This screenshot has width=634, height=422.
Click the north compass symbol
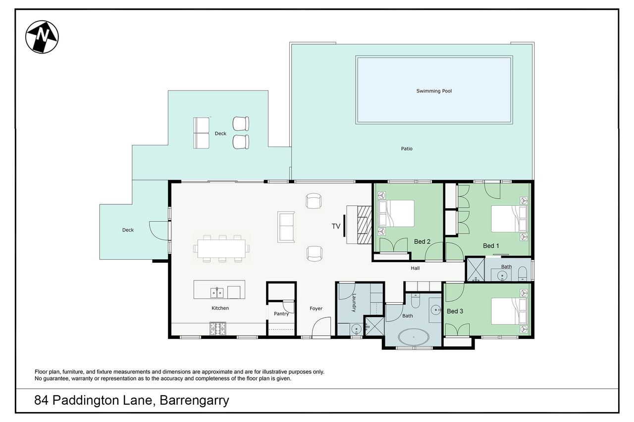coord(42,37)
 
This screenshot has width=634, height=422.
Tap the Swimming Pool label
coord(434,91)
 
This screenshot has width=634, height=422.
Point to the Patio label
coord(407,149)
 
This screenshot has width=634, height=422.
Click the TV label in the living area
coord(336,226)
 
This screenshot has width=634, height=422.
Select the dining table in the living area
coord(221,248)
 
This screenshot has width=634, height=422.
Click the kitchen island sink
coord(217,293)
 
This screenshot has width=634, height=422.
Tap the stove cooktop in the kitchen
coord(217,328)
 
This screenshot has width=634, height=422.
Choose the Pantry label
coord(281,314)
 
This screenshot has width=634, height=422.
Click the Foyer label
coord(316,309)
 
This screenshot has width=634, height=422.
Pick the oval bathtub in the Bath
coord(414,337)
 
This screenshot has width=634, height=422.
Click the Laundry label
coord(354,303)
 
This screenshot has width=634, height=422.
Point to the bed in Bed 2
coord(396,213)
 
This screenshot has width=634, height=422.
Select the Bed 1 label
coord(491,246)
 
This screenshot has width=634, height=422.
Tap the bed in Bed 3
coord(509,311)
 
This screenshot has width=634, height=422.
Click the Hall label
coord(415,268)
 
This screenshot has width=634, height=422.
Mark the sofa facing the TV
coord(286,227)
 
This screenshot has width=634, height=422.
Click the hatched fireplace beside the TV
coord(364,225)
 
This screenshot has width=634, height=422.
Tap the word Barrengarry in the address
coord(195,401)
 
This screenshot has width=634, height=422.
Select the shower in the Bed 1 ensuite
coord(475,269)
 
